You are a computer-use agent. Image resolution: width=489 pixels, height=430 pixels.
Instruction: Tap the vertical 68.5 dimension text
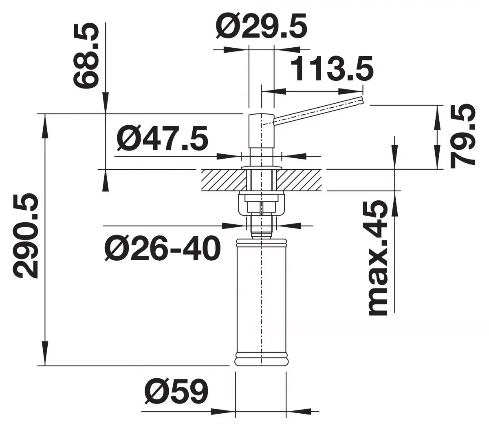[86, 56]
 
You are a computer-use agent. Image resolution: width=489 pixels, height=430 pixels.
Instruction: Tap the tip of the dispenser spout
[361, 101]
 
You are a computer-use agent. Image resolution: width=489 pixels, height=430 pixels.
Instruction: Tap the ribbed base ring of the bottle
[260, 359]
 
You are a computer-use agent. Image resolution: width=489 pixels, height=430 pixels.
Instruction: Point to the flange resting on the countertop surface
[260, 168]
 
